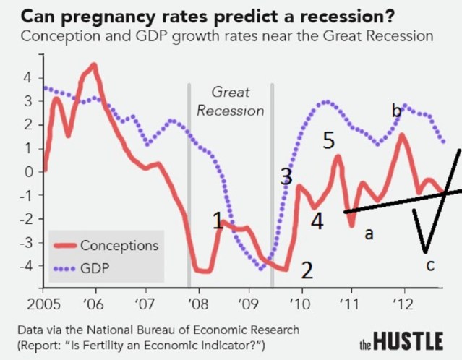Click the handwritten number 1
217,220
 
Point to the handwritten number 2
307,271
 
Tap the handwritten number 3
287,177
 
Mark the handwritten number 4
317,221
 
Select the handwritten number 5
329,141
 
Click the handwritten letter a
369,234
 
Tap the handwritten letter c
430,265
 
